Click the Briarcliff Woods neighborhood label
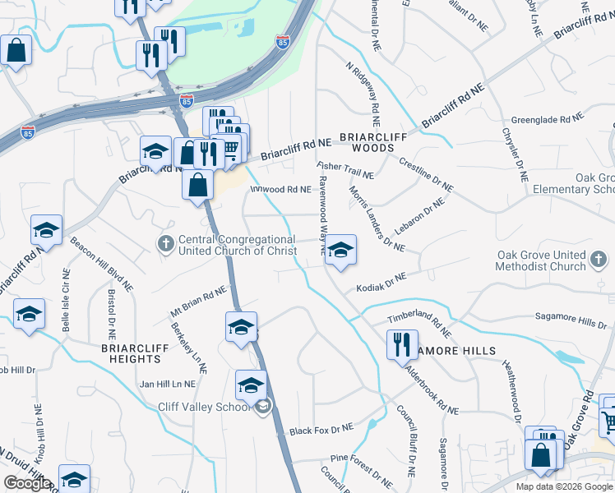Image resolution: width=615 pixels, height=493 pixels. (367, 142)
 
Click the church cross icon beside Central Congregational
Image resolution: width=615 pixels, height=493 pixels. (165, 243)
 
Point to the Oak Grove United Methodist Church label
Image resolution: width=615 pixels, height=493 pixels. (553, 260)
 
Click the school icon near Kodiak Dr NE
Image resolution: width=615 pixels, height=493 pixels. (340, 251)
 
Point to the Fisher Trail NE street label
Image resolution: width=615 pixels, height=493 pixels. (345, 170)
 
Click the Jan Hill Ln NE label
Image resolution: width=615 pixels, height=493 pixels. (168, 384)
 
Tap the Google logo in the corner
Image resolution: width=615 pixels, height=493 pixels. (27, 483)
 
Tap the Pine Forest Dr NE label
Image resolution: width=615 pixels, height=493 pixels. (362, 465)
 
